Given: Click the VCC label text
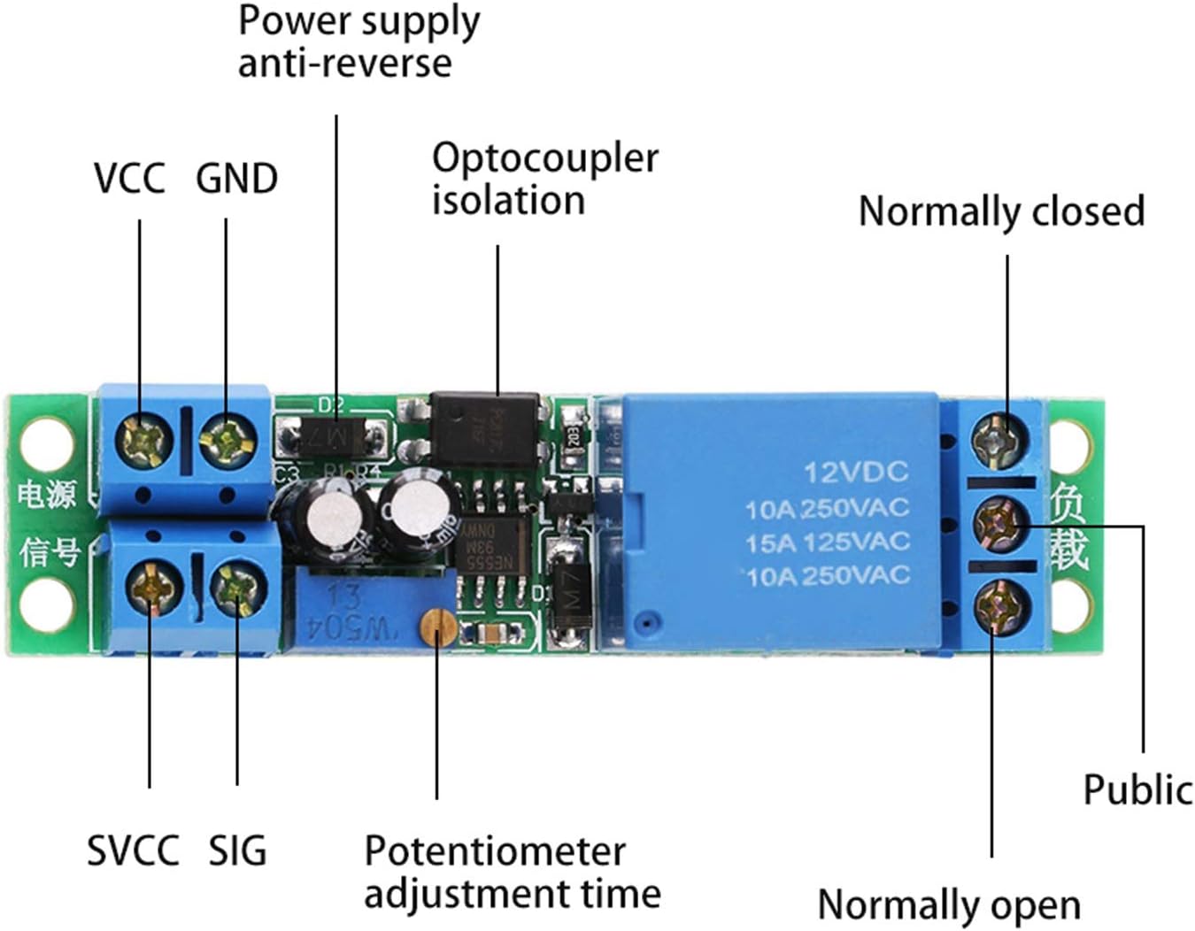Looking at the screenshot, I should coord(129,178).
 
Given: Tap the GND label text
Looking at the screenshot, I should coord(236,178).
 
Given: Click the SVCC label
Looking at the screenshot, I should coord(133,850).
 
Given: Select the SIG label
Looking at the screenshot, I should coord(237,850).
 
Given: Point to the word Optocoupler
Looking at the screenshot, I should coord(544,158).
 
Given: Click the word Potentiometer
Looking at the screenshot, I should coord(495,851).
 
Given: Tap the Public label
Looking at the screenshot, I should coord(1137,789).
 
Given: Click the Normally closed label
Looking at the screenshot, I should coord(1001,212).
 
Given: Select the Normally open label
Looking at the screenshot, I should coord(949,905).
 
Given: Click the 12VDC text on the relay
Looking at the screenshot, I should coord(855,472).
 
